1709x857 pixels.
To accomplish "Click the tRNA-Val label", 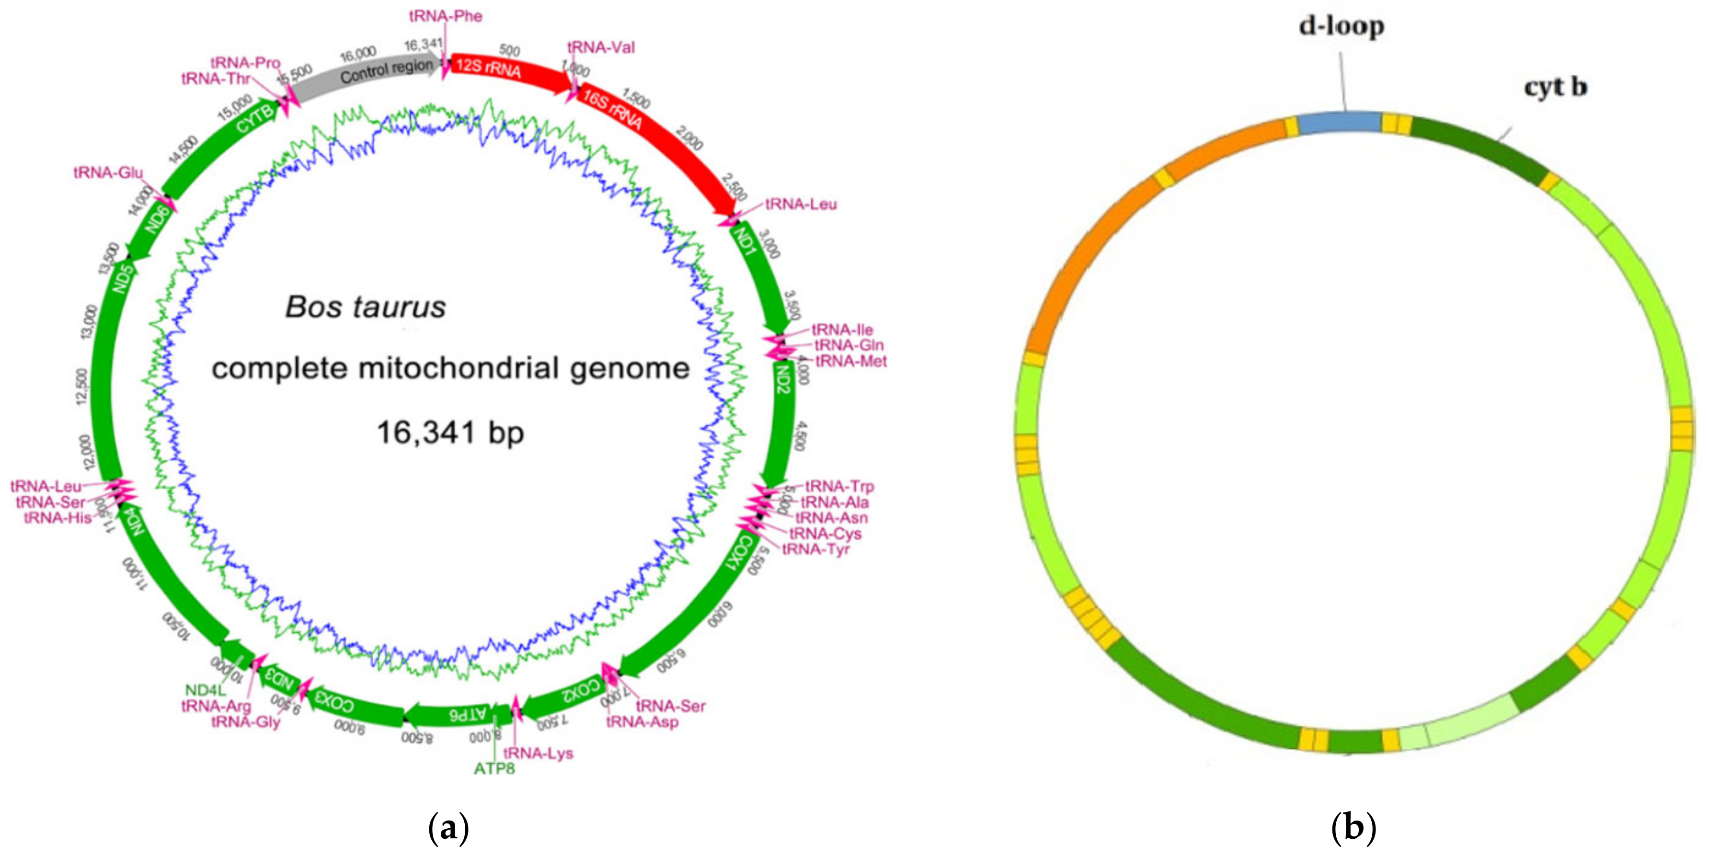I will [601, 47].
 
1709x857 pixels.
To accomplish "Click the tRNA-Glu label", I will [108, 172].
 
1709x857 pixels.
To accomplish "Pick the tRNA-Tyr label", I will [815, 549].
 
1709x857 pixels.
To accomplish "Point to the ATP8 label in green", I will [494, 769].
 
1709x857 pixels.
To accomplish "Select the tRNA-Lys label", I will [538, 753].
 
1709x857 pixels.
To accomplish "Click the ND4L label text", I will [206, 690].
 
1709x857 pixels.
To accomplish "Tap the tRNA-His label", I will [57, 517].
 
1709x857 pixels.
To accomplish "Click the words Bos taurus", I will [366, 307].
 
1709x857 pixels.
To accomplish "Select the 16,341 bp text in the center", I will [450, 433].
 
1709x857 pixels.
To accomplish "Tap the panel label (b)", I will [1353, 828].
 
